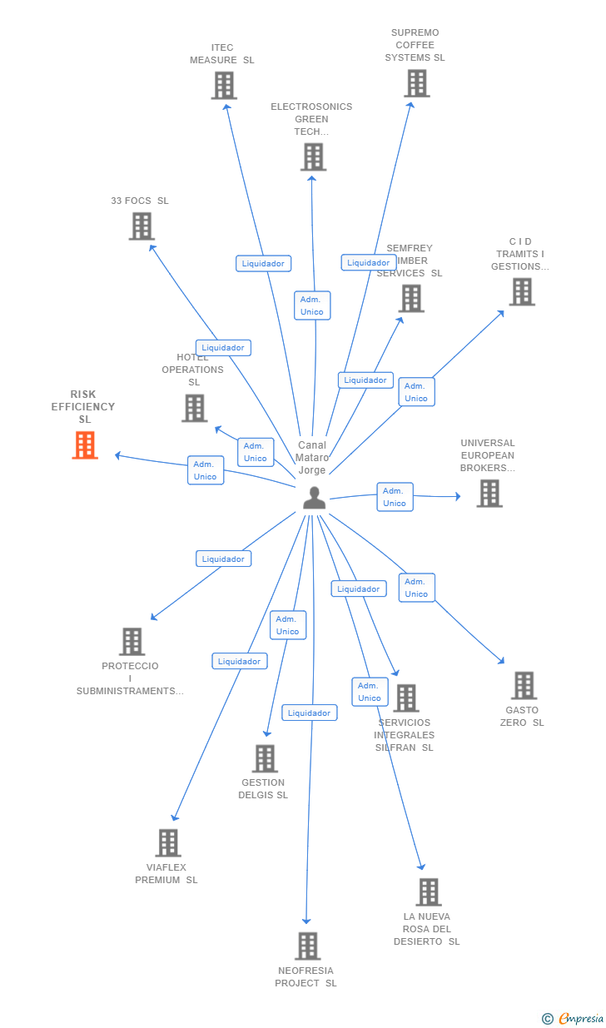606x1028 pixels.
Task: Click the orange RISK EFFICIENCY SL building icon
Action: (x=85, y=445)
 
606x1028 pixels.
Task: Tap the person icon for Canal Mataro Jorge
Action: (x=314, y=498)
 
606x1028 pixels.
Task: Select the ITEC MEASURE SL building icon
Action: (x=223, y=85)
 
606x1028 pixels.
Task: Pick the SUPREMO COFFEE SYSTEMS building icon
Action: (x=416, y=83)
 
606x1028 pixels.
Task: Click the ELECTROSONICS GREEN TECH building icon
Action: (x=313, y=156)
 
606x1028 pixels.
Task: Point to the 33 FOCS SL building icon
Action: (x=142, y=226)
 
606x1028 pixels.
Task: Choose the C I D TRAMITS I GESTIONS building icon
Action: (x=522, y=291)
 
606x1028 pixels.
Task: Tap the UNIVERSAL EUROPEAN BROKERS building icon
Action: (x=489, y=493)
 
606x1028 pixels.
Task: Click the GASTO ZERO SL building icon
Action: (x=524, y=685)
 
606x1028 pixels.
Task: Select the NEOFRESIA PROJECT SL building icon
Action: (x=307, y=946)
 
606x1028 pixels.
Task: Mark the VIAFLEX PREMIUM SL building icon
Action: (x=168, y=842)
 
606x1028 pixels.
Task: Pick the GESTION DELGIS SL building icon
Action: (x=265, y=758)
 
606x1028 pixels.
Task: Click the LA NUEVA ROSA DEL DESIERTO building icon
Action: (x=428, y=891)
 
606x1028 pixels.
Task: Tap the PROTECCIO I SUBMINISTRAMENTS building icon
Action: (x=132, y=641)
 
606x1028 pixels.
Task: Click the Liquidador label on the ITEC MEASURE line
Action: (x=263, y=263)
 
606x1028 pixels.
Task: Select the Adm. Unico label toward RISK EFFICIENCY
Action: (x=206, y=470)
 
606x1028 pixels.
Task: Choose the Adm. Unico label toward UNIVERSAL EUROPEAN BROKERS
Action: (x=395, y=497)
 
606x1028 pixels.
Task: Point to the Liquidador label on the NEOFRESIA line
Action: (x=310, y=713)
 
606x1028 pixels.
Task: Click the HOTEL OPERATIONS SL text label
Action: (x=193, y=370)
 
